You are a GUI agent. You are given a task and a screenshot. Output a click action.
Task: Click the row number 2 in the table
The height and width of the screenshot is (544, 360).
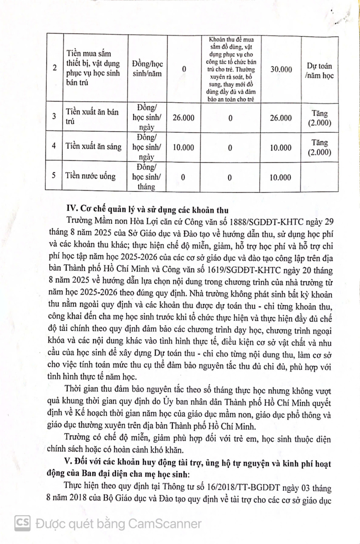(x=55, y=68)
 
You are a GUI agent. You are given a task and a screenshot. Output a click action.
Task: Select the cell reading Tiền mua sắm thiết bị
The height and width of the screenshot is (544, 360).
(x=93, y=68)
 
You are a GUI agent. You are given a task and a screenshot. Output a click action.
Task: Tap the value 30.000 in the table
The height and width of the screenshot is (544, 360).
(x=281, y=69)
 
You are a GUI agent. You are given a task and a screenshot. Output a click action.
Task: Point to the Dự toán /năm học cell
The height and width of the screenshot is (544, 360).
(x=319, y=71)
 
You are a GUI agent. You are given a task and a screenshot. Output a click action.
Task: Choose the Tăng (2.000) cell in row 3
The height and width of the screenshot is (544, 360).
(x=319, y=118)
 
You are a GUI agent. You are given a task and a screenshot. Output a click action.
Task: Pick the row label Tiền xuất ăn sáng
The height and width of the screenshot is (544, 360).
(x=93, y=146)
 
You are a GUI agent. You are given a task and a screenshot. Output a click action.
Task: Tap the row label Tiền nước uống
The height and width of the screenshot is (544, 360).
(x=90, y=176)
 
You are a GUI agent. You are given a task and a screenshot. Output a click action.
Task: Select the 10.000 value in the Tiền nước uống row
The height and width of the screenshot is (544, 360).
(x=280, y=177)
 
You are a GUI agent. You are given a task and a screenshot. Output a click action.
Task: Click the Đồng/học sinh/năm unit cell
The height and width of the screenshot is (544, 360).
(x=147, y=69)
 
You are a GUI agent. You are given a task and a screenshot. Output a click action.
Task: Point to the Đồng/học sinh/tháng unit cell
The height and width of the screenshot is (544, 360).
(x=146, y=177)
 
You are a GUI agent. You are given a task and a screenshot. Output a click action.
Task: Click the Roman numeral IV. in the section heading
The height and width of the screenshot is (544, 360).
(x=72, y=209)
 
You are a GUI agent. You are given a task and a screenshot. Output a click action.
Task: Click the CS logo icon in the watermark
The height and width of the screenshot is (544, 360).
(x=22, y=523)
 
